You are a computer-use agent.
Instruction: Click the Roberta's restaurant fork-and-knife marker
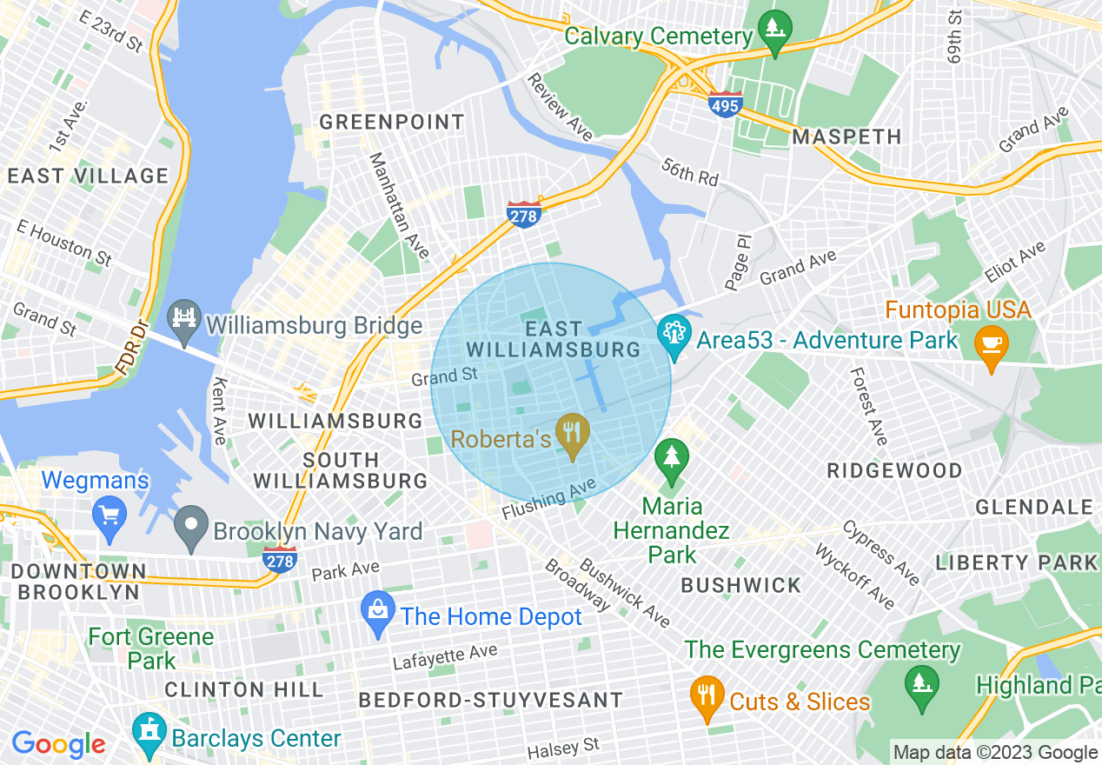pyautogui.click(x=571, y=432)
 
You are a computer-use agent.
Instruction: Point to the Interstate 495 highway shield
pyautogui.click(x=726, y=103)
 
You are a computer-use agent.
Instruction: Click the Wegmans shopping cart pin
pyautogui.click(x=109, y=515)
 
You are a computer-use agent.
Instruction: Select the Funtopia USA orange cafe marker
pyautogui.click(x=990, y=343)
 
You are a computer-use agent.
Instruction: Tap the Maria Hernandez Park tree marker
pyautogui.click(x=671, y=457)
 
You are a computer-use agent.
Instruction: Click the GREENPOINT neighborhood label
pyautogui.click(x=392, y=122)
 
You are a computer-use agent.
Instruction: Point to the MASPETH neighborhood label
pyautogui.click(x=846, y=136)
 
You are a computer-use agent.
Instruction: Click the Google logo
pyautogui.click(x=58, y=744)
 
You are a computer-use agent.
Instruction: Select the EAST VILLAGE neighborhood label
pyautogui.click(x=88, y=176)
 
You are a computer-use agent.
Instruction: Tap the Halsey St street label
pyautogui.click(x=564, y=747)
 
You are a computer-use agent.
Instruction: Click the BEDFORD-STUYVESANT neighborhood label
pyautogui.click(x=490, y=700)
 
